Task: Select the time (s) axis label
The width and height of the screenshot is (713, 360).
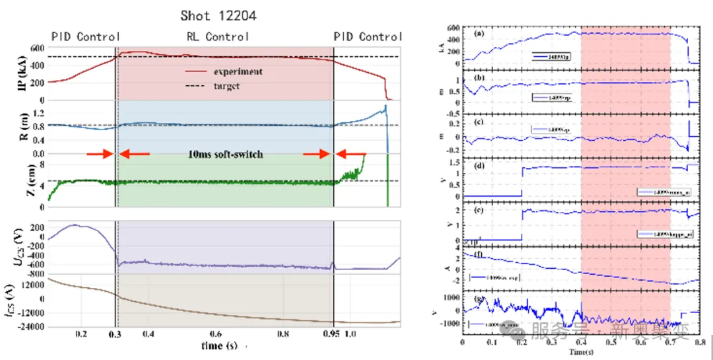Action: click(x=220, y=345)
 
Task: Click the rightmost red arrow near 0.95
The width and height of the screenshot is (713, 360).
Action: click(x=352, y=155)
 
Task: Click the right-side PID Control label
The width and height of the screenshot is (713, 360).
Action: click(x=368, y=37)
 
